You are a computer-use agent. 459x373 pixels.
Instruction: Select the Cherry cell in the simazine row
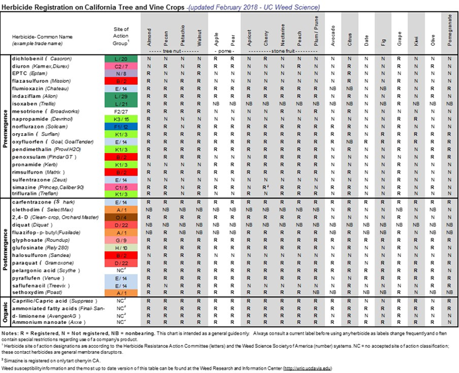[265, 187]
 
